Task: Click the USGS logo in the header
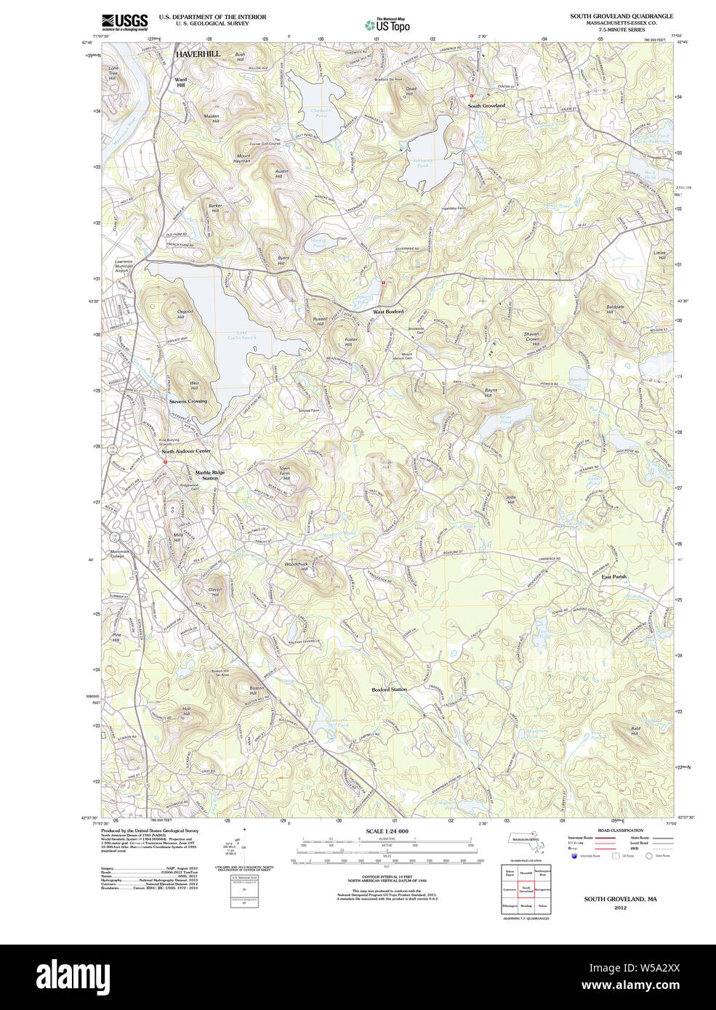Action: coord(124,22)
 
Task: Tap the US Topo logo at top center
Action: coord(387,25)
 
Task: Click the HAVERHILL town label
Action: coord(197,54)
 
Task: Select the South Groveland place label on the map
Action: coord(486,106)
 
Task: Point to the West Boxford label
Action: coord(388,312)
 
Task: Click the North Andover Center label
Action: coord(186,451)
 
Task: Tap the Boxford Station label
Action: coord(389,690)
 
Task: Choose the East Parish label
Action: coord(614,577)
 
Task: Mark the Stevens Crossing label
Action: coord(188,401)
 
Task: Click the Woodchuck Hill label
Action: coord(297,566)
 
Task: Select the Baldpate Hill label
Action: coord(615,310)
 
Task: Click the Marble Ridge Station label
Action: coord(210,475)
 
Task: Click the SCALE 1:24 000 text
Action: coord(387,831)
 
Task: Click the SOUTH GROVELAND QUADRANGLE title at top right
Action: coord(621,16)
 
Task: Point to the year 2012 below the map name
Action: coord(620,908)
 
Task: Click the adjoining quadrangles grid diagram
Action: coord(526,889)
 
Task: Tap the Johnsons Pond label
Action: coord(422,163)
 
